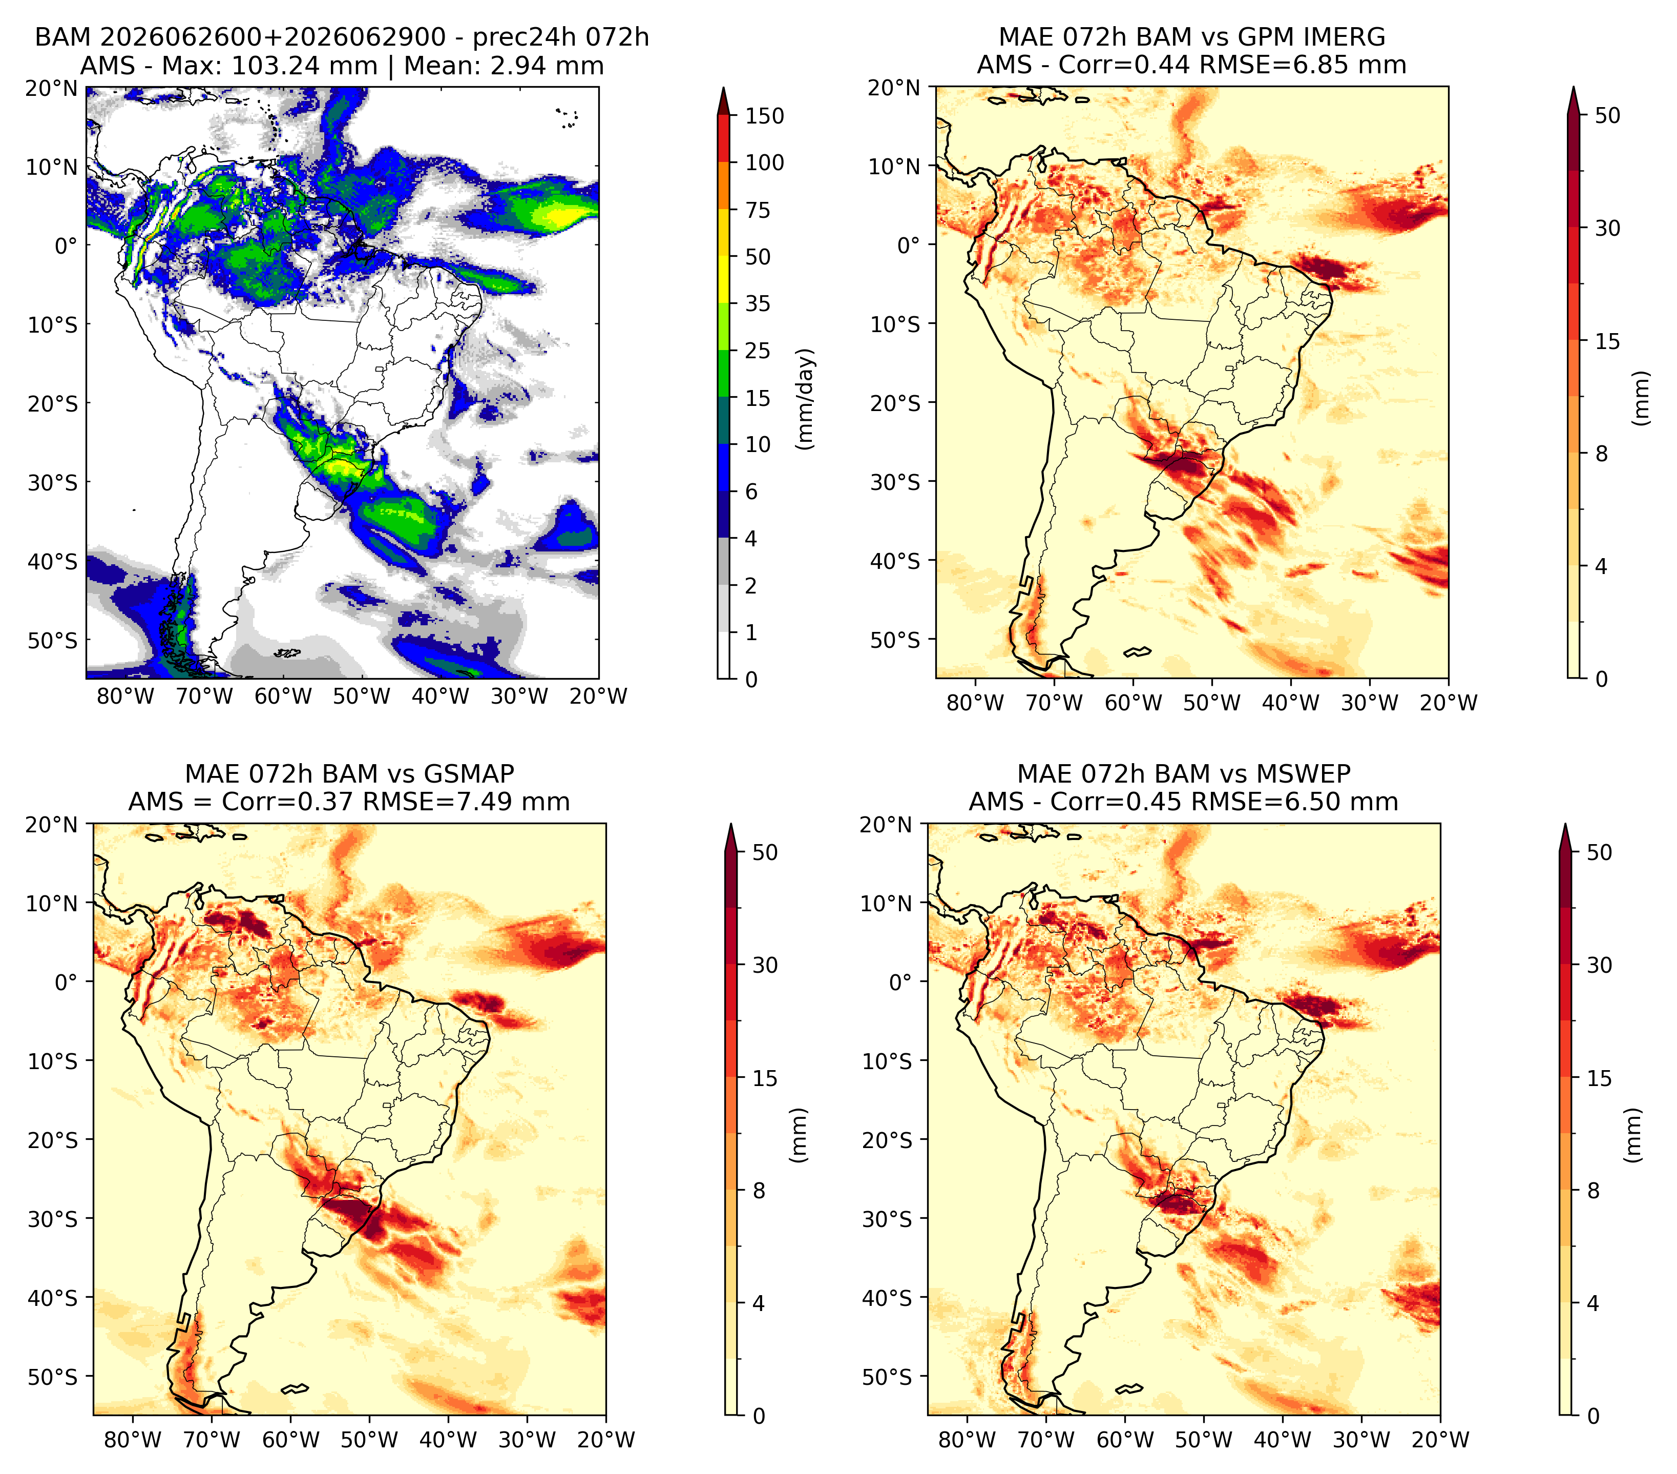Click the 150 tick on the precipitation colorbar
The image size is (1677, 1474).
[x=764, y=116]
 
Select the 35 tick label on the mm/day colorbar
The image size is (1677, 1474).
[x=757, y=303]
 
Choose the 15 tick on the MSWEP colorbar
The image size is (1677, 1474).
[x=1599, y=1078]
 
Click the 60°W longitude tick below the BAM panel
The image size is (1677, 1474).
[x=283, y=696]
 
